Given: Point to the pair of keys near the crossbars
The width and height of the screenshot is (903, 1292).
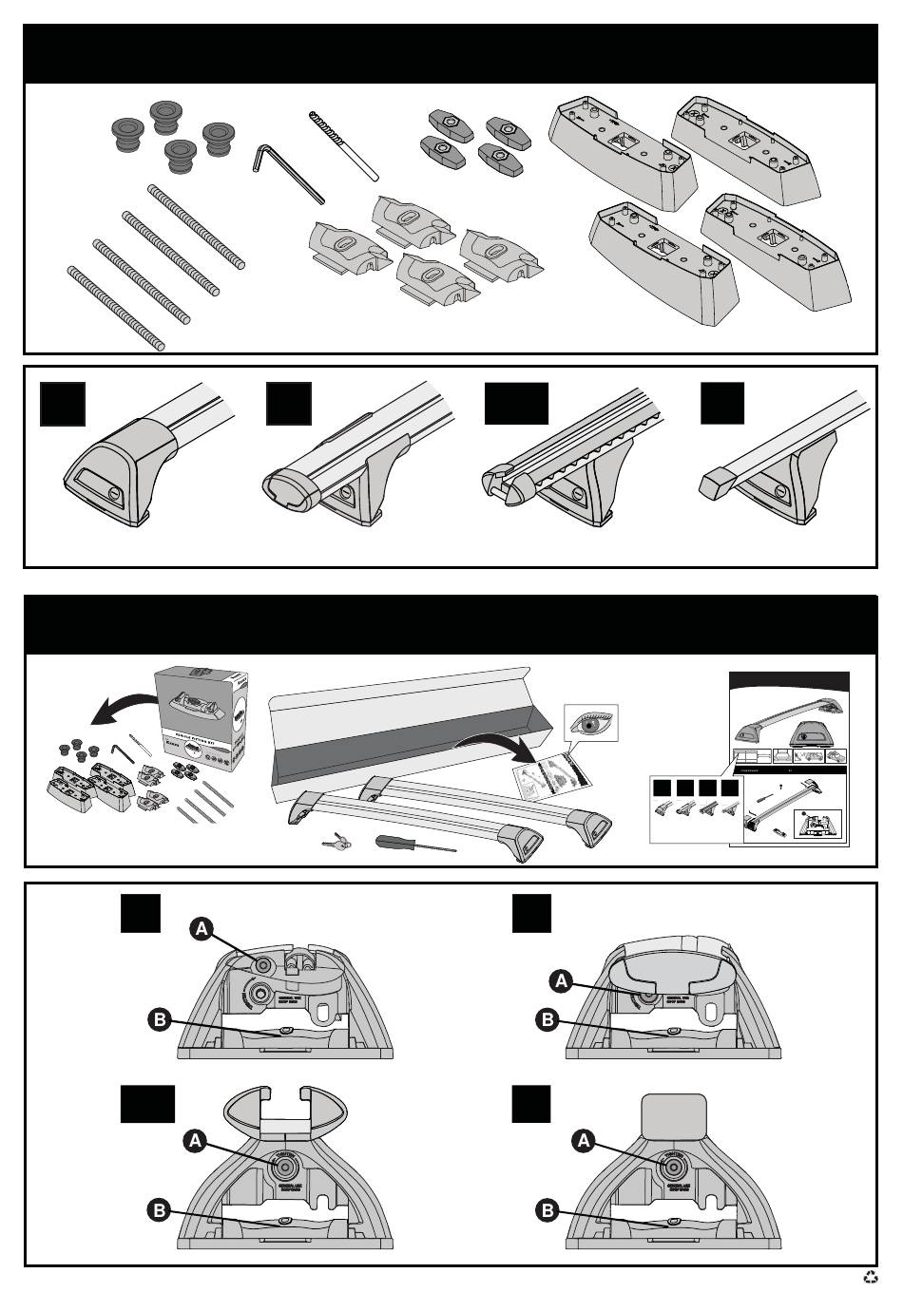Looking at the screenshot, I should click(336, 841).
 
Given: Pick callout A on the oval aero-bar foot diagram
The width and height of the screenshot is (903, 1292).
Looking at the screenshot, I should click(562, 980).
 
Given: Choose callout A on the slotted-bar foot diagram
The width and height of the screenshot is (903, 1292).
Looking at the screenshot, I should click(195, 1141).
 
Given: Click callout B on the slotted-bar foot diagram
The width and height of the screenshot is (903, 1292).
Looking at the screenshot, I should click(159, 1210).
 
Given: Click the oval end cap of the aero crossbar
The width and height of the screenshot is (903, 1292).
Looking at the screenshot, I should click(288, 487).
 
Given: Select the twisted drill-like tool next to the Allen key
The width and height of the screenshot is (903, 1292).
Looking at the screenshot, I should click(342, 143).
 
